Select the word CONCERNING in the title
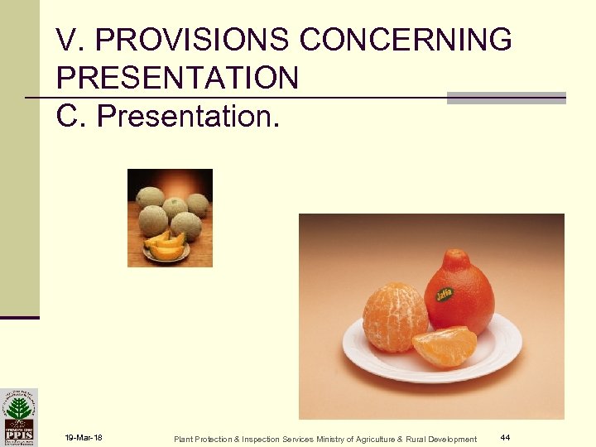click(406, 39)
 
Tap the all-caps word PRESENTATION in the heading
click(178, 78)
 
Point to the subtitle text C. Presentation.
click(169, 117)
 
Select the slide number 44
click(505, 437)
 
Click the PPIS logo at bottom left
click(19, 416)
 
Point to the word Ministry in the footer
click(333, 439)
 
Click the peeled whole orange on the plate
click(396, 316)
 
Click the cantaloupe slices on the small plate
click(166, 246)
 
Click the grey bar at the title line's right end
click(506, 98)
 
